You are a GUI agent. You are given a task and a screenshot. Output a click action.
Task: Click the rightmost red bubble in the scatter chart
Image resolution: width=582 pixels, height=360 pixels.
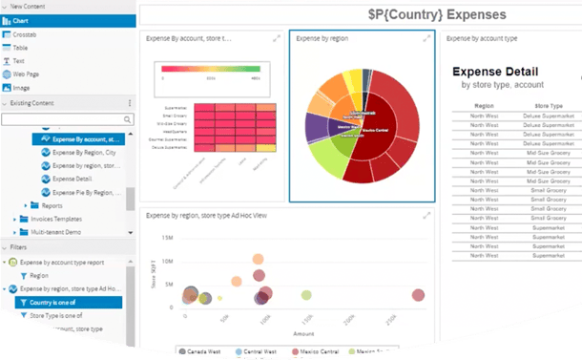click(418, 296)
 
